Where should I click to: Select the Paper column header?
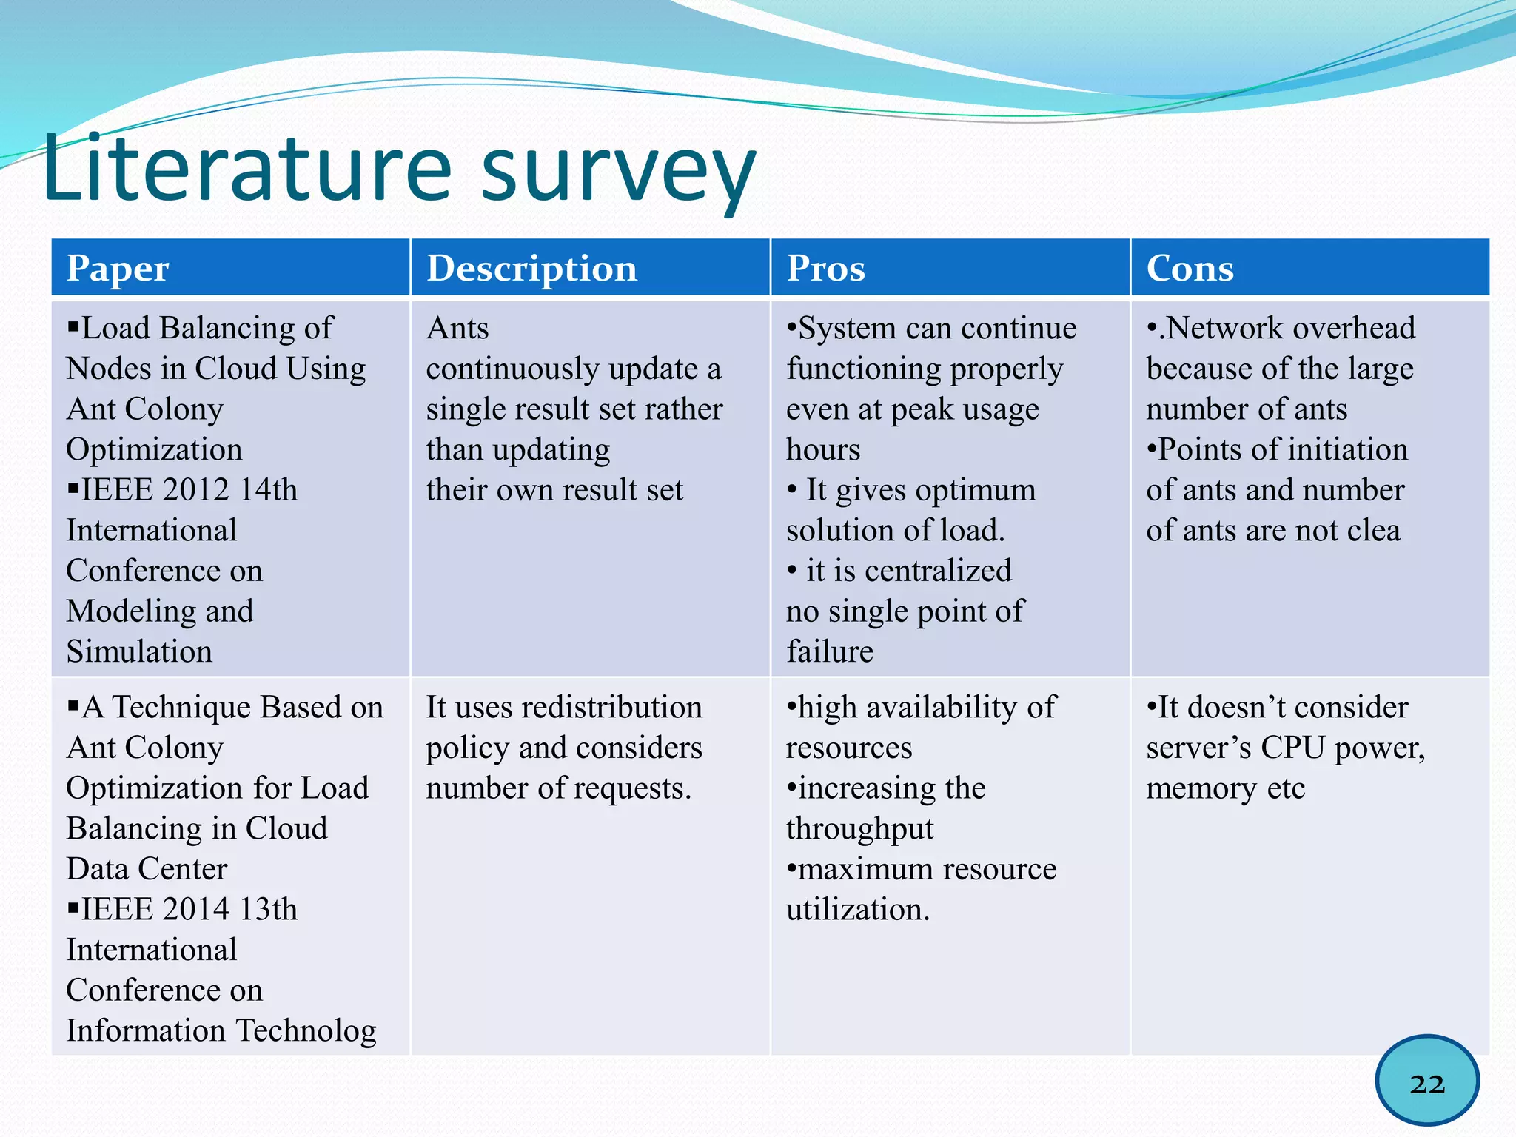pyautogui.click(x=118, y=268)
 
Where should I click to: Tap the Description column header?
pyautogui.click(x=531, y=268)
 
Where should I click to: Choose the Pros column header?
pyautogui.click(x=825, y=268)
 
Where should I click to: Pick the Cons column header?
pyautogui.click(x=1190, y=268)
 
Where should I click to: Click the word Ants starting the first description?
pyautogui.click(x=457, y=329)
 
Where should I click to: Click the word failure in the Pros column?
pyautogui.click(x=829, y=652)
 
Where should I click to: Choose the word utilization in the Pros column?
pyautogui.click(x=857, y=910)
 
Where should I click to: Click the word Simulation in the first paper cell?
pyautogui.click(x=139, y=652)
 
